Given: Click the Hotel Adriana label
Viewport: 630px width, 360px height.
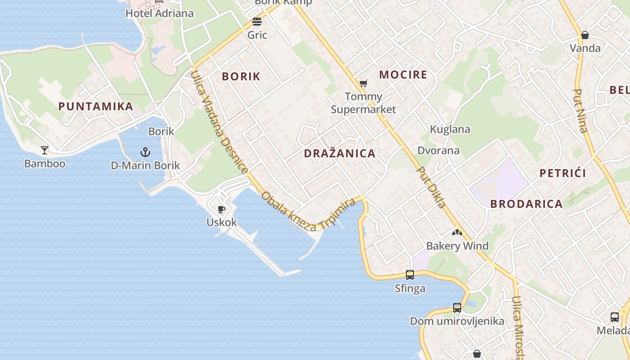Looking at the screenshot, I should point(159,13).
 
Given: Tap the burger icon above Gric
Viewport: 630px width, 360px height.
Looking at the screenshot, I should point(257,22).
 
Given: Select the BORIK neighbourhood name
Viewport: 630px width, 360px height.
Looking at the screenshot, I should point(241,76).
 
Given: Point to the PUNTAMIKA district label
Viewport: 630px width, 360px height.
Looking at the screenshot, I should point(96,107).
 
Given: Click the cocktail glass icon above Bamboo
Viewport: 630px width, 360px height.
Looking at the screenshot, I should point(45,150).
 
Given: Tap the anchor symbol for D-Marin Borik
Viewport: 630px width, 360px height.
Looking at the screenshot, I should point(145,152).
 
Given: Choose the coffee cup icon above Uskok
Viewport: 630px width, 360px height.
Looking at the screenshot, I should point(221,209).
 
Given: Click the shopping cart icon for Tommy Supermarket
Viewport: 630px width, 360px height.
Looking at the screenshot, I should point(363,83).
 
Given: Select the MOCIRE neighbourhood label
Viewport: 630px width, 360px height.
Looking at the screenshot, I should point(403,75).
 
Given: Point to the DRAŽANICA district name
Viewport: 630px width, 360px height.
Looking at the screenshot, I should point(339,153).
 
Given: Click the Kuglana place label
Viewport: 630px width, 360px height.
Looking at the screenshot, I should point(450,130).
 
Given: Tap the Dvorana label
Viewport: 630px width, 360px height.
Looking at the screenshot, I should point(438,150).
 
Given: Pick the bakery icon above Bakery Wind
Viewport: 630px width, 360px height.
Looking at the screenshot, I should point(457,233).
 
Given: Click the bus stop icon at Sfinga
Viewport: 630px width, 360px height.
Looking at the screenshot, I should point(409,274).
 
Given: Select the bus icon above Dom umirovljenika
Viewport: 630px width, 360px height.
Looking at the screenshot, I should point(457,308).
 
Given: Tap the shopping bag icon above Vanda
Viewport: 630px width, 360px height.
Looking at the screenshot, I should point(585,35).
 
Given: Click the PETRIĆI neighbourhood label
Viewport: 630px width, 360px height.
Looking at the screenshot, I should point(562,173).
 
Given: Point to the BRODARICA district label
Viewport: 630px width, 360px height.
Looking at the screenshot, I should point(526,204).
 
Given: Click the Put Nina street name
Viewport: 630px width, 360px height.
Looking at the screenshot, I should point(580,111).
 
